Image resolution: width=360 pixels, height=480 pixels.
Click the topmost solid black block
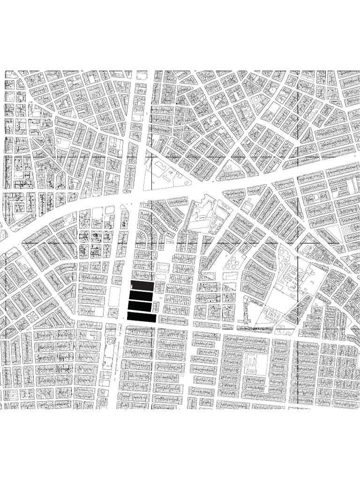[142, 286]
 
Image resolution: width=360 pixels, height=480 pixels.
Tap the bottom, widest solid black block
[142, 317]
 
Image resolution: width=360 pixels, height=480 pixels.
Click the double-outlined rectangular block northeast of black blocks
[163, 267]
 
